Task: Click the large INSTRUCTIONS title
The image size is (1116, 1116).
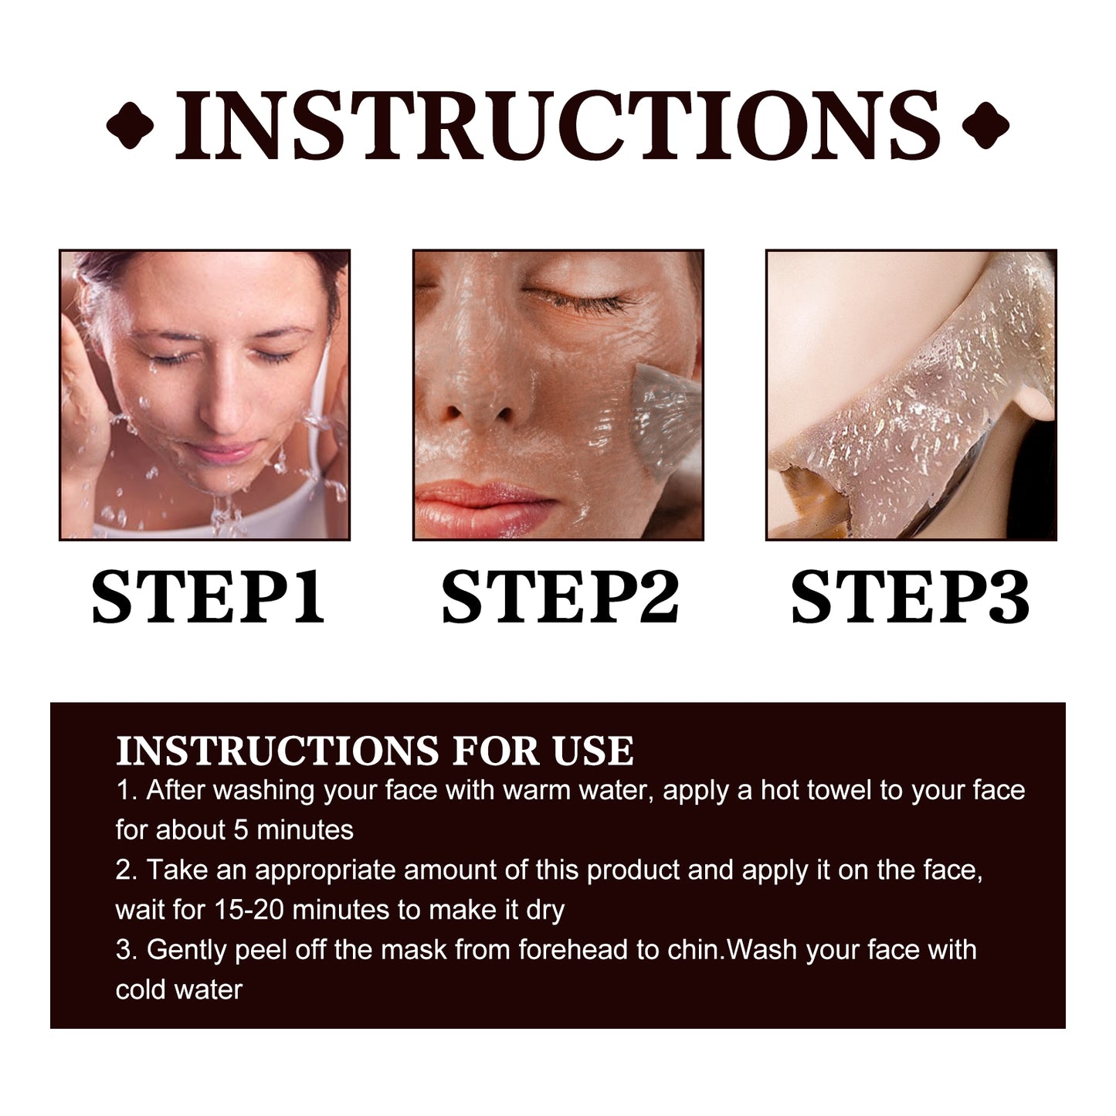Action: tap(558, 126)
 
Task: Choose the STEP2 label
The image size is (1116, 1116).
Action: tap(559, 597)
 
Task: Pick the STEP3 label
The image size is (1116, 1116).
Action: tap(910, 597)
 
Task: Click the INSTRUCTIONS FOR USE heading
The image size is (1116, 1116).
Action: tap(375, 751)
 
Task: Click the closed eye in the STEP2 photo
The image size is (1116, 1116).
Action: tap(575, 297)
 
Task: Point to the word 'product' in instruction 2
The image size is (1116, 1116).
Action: tap(633, 870)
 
